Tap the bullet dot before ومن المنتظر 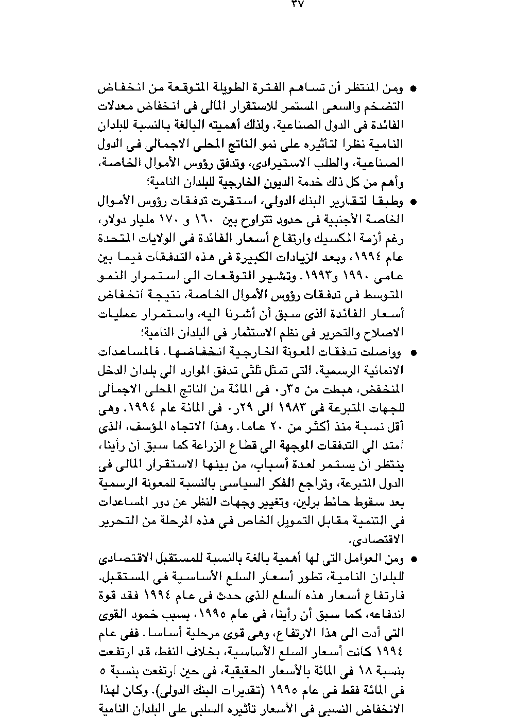(x=413, y=89)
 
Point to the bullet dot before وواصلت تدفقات (x=413, y=353)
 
